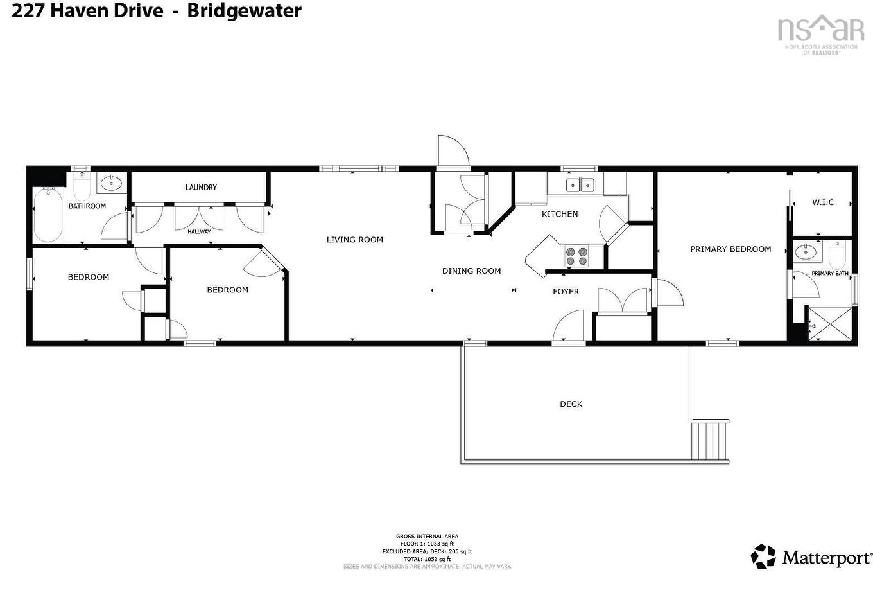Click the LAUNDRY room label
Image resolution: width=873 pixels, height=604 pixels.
201,187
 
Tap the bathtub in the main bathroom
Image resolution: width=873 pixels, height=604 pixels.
48,214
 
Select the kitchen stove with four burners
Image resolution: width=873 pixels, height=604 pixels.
576,256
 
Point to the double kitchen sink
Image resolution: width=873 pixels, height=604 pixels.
580,185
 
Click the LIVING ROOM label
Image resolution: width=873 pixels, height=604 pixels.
354,240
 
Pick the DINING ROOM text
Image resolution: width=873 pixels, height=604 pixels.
471,271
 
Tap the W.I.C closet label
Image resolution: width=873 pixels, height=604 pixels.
823,202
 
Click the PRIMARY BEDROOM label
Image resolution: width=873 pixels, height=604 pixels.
730,249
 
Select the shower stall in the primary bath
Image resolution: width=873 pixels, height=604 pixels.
830,323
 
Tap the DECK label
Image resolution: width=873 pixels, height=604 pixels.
571,404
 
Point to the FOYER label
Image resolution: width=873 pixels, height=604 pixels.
566,292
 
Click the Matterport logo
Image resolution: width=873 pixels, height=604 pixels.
811,556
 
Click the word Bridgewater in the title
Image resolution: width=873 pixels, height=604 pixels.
244,11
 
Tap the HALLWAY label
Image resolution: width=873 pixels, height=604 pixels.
199,231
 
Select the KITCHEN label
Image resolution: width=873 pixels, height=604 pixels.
560,214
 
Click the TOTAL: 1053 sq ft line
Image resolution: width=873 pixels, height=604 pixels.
427,559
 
